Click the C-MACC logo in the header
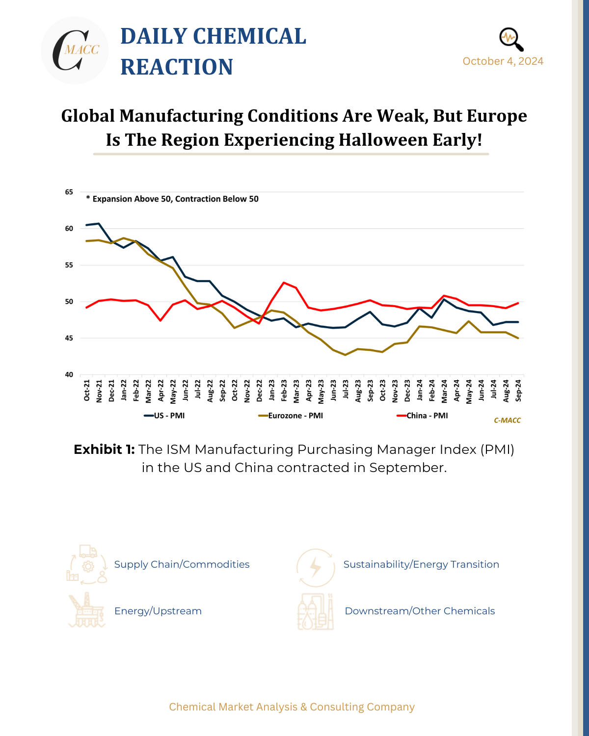75,51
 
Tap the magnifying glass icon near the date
511,39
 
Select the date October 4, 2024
503,61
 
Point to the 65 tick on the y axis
69,192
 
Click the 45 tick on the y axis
69,338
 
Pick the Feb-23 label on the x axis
284,391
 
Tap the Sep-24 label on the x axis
518,391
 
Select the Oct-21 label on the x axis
87,391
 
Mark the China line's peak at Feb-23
284,283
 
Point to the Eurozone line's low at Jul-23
346,355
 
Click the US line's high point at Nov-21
99,224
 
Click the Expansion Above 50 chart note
172,199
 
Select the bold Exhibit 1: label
104,449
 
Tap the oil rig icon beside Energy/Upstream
86,610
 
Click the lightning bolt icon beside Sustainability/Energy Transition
316,568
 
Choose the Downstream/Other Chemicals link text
420,611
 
